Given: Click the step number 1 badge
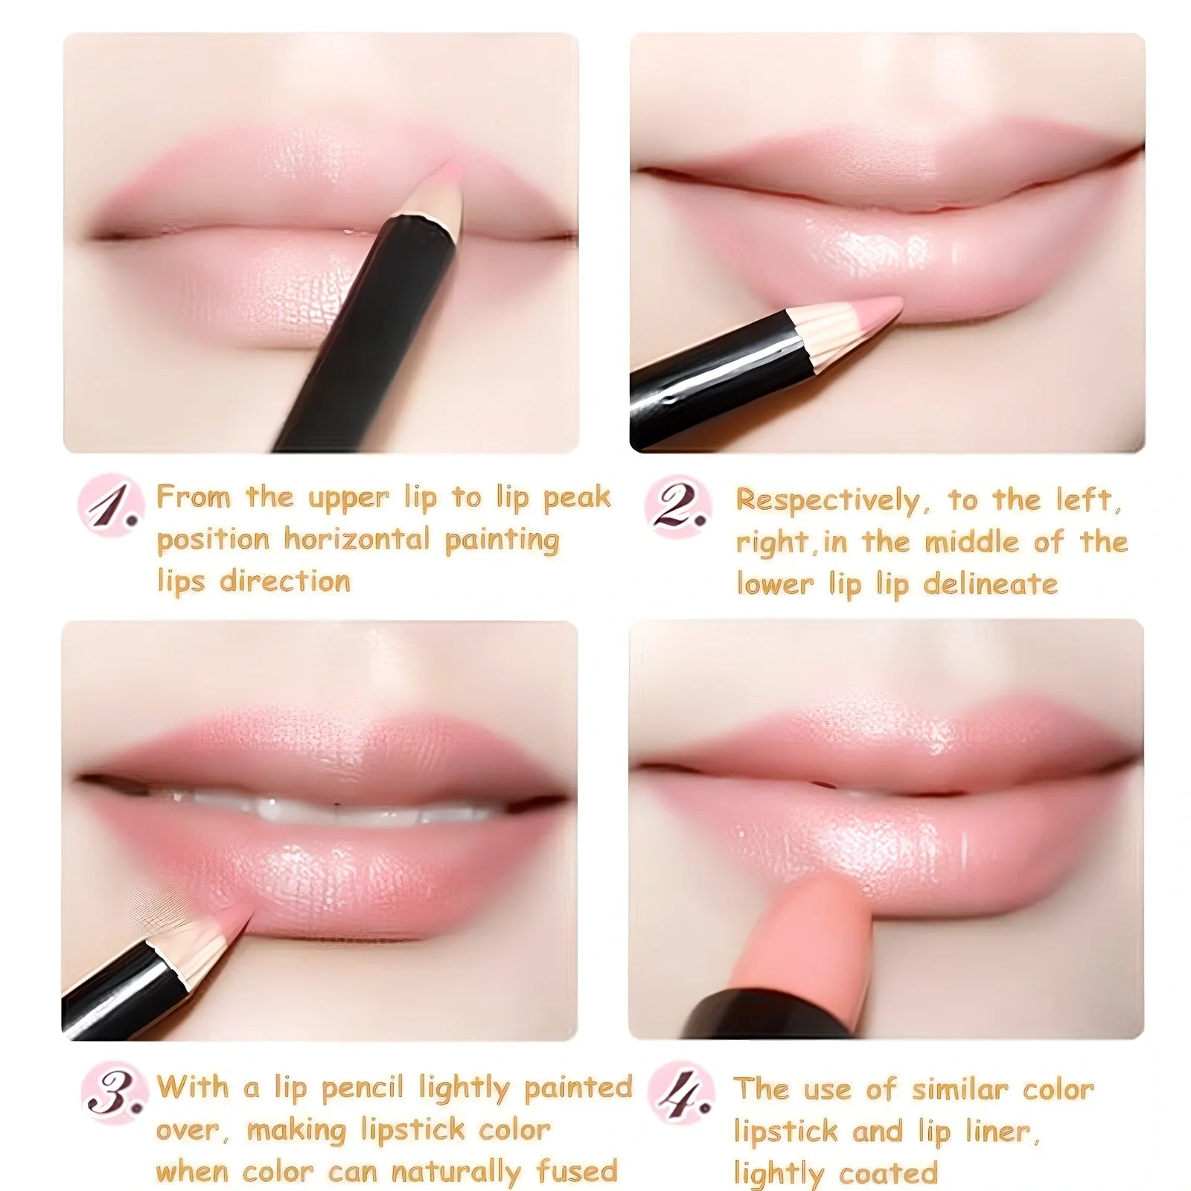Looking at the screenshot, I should [x=111, y=504].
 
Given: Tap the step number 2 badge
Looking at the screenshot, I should [x=677, y=506].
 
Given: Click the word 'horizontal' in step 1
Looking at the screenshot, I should [x=357, y=539].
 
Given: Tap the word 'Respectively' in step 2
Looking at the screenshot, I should [x=827, y=500].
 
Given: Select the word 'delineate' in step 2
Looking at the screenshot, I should [x=990, y=584].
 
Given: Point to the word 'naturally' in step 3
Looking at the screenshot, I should [x=456, y=1172].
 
